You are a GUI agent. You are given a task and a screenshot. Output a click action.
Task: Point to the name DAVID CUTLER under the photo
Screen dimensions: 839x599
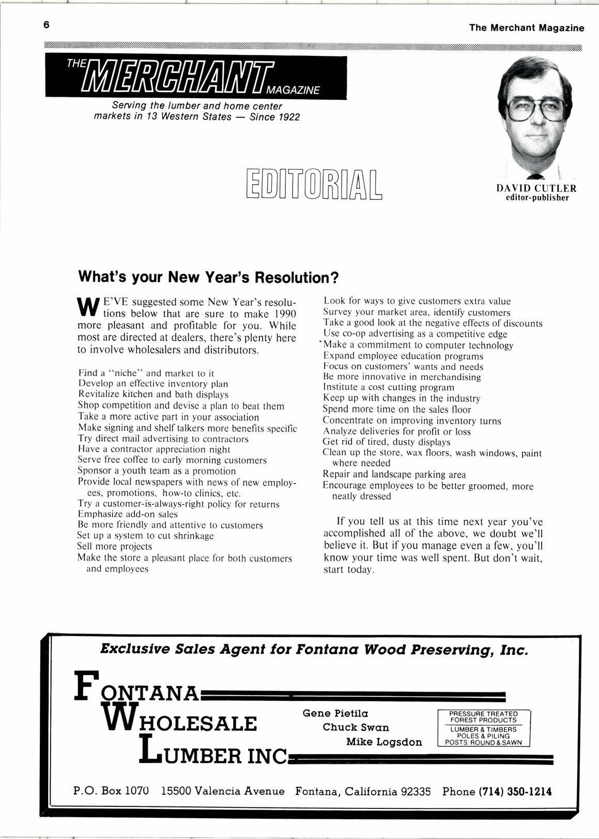coord(536,188)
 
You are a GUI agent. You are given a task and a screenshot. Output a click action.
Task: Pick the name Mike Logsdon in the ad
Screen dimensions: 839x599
coord(384,742)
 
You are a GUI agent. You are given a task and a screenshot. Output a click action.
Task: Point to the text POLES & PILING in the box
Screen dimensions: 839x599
coord(484,736)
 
